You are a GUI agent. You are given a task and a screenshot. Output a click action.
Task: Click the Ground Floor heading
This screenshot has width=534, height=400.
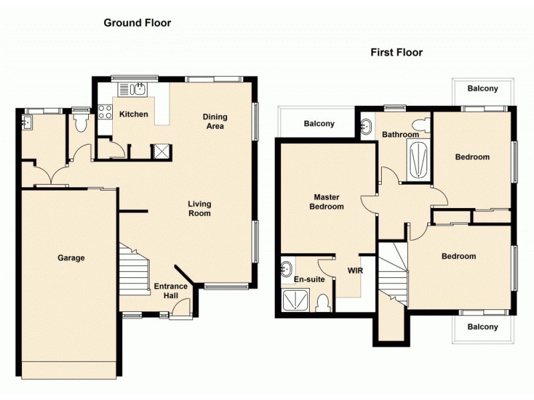pyautogui.click(x=137, y=23)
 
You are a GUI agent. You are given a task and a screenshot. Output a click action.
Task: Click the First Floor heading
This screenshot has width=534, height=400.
pyautogui.click(x=396, y=52)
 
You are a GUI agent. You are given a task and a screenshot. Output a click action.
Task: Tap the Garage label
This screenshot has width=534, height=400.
pyautogui.click(x=71, y=258)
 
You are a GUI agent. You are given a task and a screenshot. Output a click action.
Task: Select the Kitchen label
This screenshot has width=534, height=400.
pyautogui.click(x=133, y=114)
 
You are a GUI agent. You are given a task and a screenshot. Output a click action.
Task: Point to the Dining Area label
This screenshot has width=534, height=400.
pyautogui.click(x=215, y=121)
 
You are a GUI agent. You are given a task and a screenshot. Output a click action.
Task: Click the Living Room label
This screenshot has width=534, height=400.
pyautogui.click(x=199, y=209)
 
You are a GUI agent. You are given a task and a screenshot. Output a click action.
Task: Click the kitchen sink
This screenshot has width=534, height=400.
pyautogui.click(x=141, y=89)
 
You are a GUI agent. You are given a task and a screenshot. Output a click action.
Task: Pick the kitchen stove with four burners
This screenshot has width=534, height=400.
pyautogui.click(x=105, y=113)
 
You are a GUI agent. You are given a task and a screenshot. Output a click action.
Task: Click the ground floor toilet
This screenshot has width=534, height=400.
pyautogui.click(x=82, y=122)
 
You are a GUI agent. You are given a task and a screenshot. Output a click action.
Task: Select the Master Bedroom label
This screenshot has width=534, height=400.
pyautogui.click(x=327, y=202)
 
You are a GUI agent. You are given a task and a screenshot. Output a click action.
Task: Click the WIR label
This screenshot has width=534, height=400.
pyautogui.click(x=354, y=271)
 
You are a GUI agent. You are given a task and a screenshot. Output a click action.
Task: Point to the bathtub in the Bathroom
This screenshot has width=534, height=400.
pyautogui.click(x=417, y=161)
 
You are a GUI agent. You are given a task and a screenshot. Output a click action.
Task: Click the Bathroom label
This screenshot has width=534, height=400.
pyautogui.click(x=400, y=135)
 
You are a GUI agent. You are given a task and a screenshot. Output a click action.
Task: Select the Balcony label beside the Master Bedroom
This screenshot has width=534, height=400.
pyautogui.click(x=319, y=123)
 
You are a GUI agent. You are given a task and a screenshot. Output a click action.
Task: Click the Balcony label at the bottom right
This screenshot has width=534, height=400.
pyautogui.click(x=482, y=327)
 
